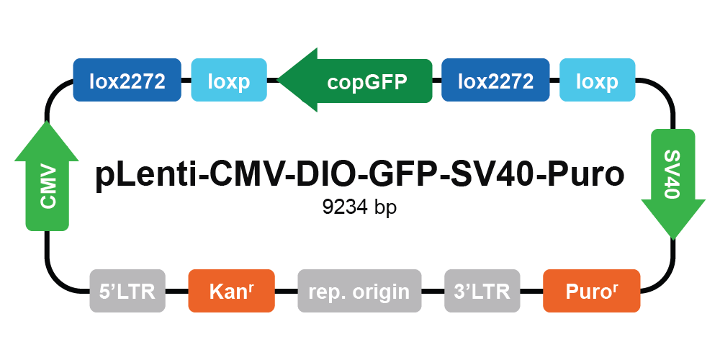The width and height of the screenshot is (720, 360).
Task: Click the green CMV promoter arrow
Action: (47, 176)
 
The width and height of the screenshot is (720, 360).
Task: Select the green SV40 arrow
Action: (672, 184)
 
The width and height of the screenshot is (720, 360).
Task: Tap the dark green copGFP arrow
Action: (355, 81)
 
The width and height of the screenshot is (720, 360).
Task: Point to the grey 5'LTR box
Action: (127, 291)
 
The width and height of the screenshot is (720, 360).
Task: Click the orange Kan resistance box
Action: (231, 291)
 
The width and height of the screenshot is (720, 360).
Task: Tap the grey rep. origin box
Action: (359, 291)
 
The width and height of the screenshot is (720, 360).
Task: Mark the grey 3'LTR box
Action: (482, 291)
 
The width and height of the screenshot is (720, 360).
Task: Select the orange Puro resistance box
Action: (591, 291)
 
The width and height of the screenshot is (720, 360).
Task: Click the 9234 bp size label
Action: (359, 207)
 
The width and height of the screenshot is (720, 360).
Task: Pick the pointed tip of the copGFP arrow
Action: (278, 80)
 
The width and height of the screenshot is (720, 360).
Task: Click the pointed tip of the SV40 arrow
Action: (673, 239)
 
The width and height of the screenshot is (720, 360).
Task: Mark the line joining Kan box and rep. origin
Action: (286, 291)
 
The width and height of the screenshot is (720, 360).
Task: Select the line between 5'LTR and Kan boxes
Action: (177, 291)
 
